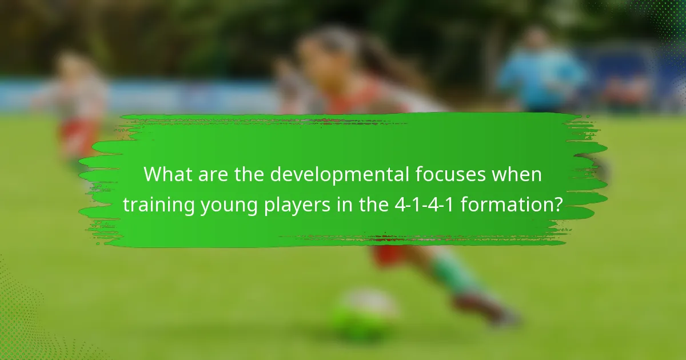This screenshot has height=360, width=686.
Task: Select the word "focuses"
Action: coord(450,174)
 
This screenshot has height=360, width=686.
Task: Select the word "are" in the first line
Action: coord(209,174)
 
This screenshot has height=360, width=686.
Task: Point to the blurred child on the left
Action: coord(77,103)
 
